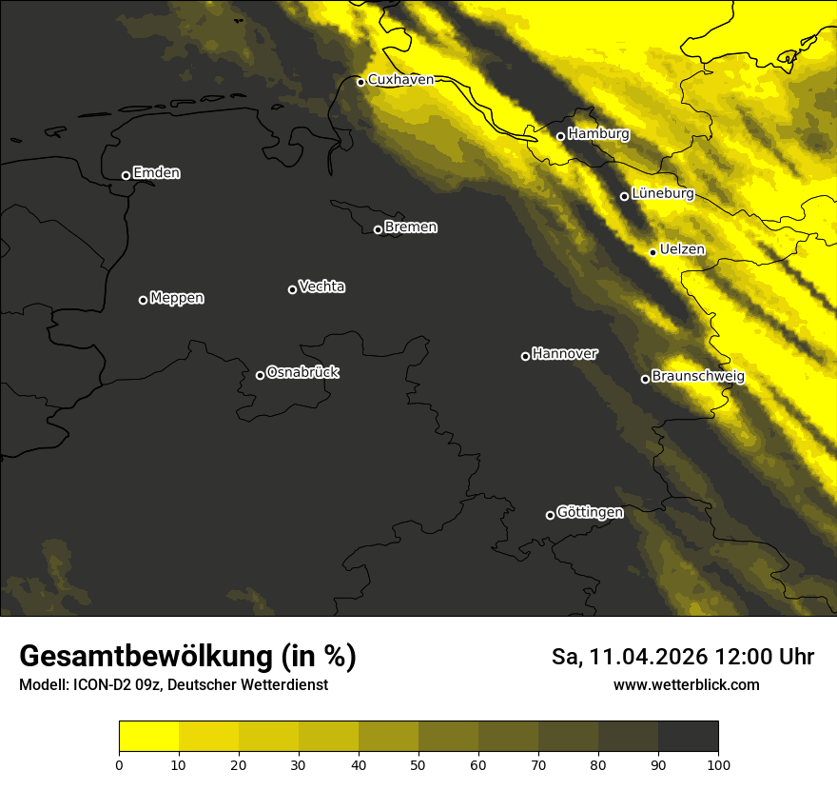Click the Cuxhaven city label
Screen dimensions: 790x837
tap(400, 80)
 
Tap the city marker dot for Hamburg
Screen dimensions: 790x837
tap(561, 136)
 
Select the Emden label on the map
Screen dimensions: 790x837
tap(157, 173)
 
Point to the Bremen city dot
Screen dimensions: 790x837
tap(378, 229)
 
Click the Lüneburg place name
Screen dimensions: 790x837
tap(663, 194)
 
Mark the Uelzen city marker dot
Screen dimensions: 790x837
tap(653, 252)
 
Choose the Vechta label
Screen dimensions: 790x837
tap(321, 286)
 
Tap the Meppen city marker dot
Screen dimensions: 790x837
tap(144, 300)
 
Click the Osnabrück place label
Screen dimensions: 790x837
tap(302, 372)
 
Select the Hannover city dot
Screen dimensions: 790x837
tap(525, 356)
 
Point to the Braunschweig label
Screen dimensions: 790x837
tap(698, 377)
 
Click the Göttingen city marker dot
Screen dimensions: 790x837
tap(550, 515)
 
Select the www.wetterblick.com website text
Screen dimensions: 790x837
tap(686, 684)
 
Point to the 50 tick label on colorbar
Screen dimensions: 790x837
tap(418, 763)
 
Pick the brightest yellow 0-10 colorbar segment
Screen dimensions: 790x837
tap(149, 737)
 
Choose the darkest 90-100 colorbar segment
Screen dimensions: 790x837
tap(688, 737)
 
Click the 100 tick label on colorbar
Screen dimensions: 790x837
tap(718, 763)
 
